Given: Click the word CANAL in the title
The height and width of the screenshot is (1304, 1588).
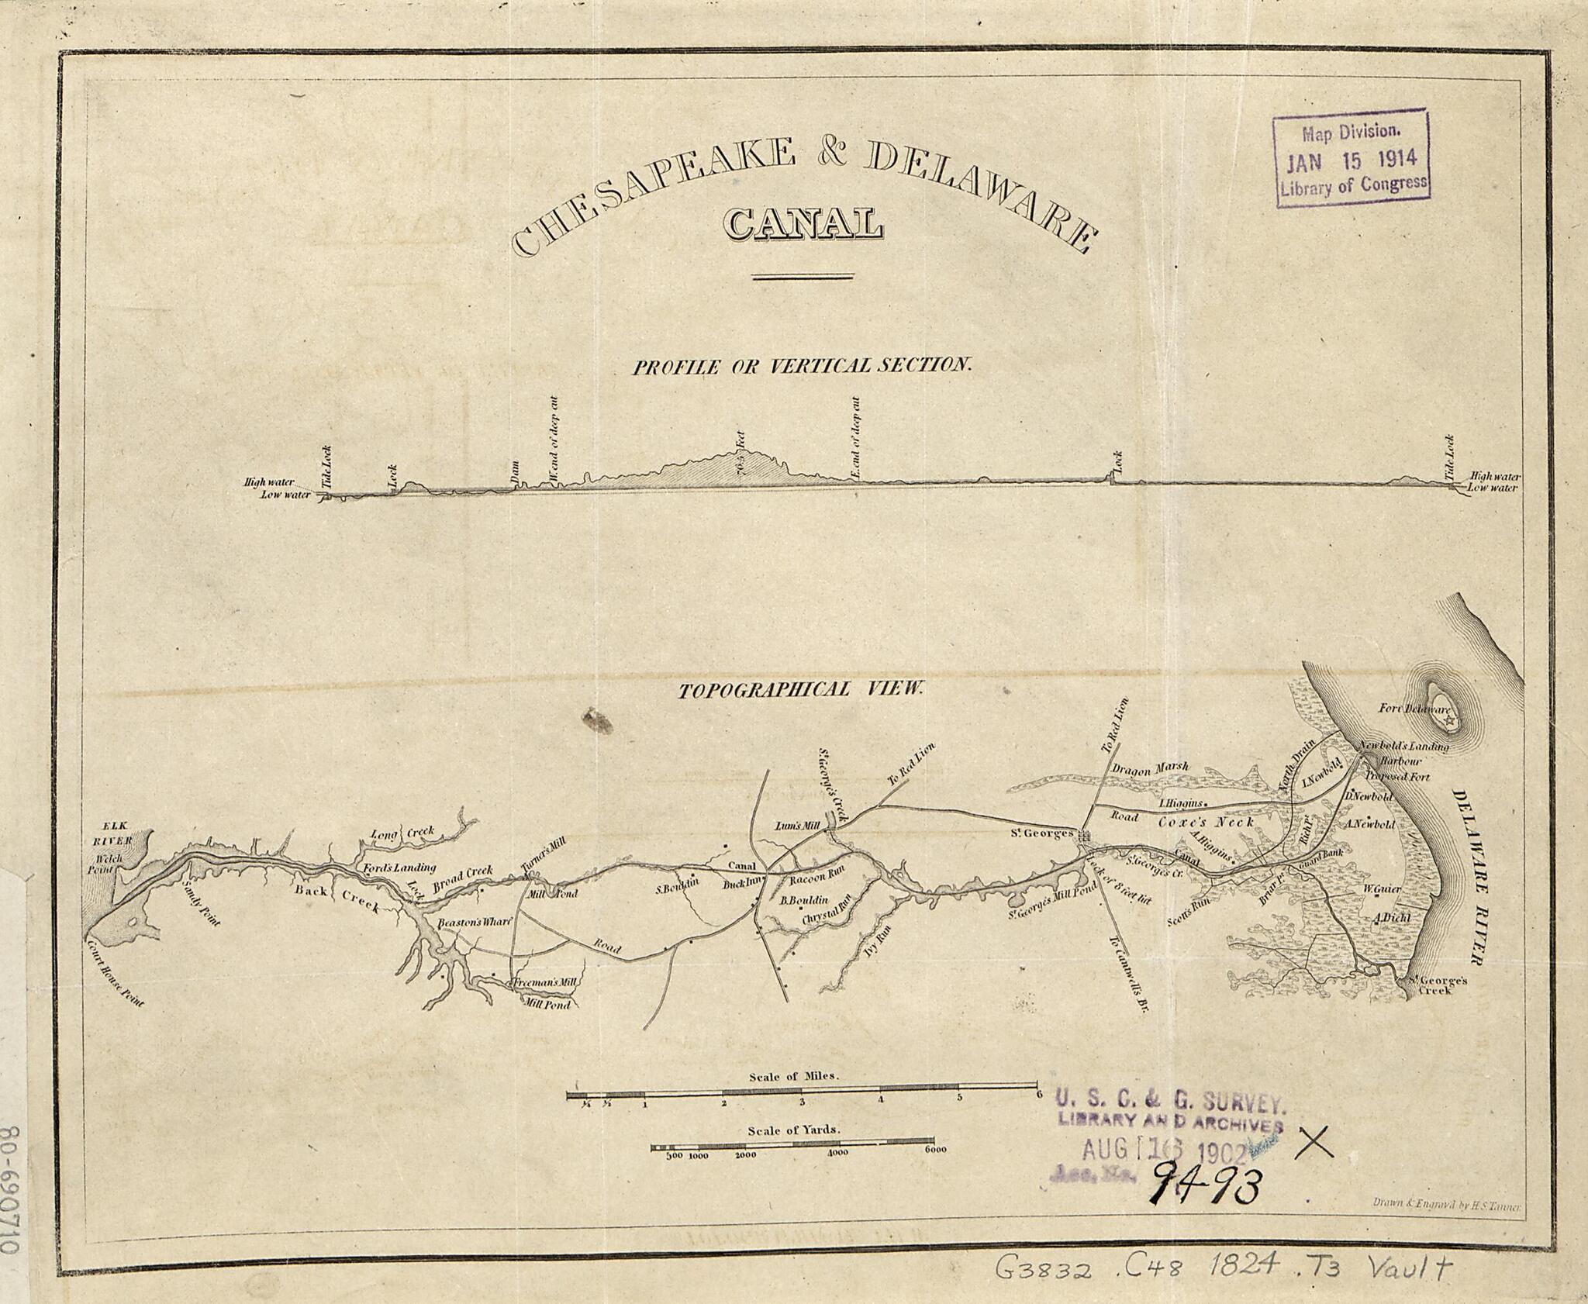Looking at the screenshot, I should coord(803,223).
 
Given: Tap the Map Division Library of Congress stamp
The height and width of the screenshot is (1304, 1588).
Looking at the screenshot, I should coord(1351,159).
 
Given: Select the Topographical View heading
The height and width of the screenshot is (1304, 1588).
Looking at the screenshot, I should coord(801,689).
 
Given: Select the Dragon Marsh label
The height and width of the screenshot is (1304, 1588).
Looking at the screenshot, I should coord(1150,769).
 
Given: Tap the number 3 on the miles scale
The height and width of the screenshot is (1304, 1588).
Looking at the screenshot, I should coord(802,1102).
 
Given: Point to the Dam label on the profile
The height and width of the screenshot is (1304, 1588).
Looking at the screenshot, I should coord(515,474).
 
